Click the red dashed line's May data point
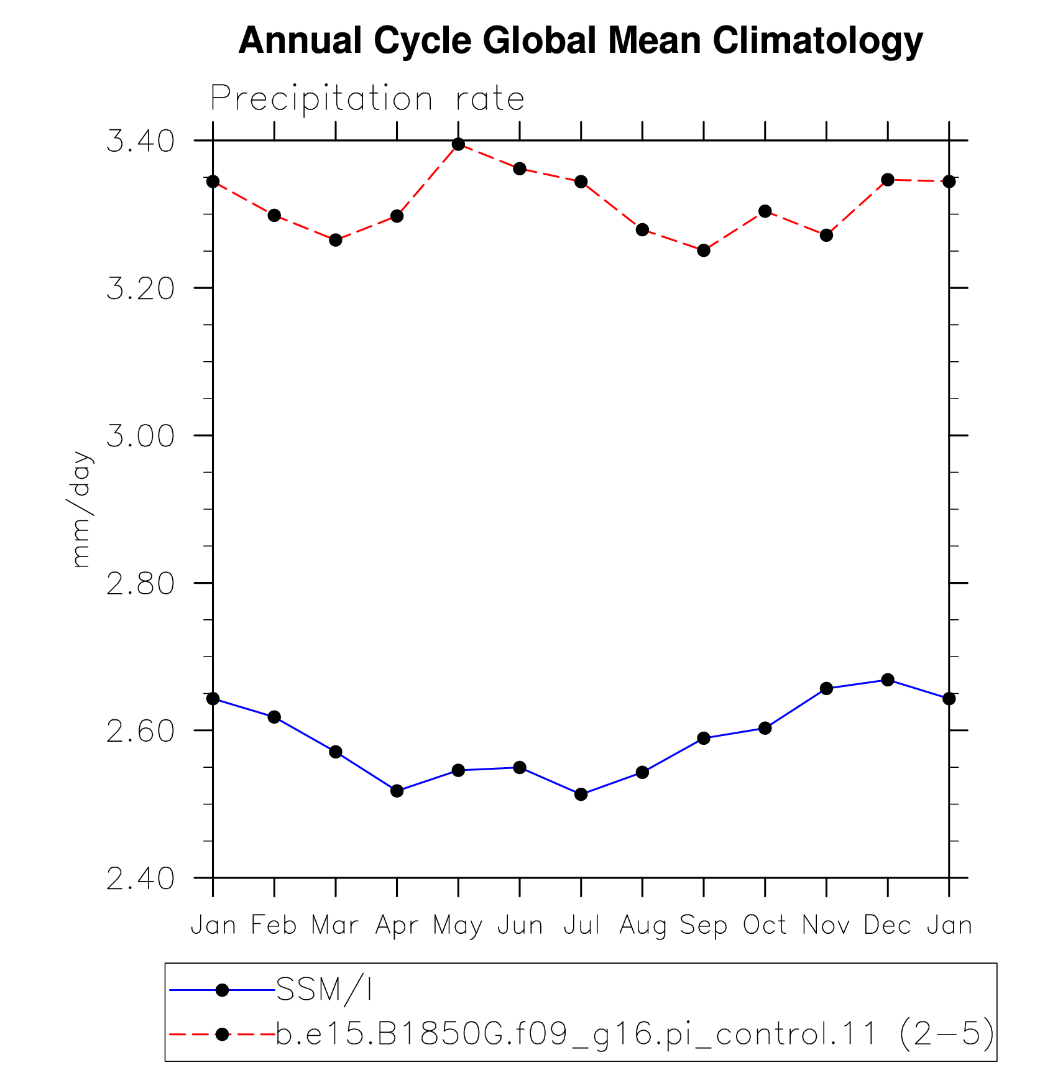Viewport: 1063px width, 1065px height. coord(458,144)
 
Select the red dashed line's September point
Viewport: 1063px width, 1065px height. coord(704,251)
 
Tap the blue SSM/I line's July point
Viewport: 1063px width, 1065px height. coord(581,794)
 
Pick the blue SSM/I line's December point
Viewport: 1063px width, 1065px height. coord(888,680)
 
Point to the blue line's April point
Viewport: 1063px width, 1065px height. coord(397,791)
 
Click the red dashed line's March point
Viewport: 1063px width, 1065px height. coord(336,240)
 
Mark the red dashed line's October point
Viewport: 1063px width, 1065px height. coord(765,211)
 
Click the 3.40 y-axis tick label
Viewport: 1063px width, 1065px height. coord(140,142)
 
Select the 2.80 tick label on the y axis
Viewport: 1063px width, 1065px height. coord(140,584)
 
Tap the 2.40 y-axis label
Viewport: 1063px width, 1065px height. coord(140,878)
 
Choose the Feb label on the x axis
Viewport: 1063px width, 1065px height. coord(274,925)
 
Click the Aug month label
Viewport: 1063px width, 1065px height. coord(642,926)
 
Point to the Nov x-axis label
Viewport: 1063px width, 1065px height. coord(826,925)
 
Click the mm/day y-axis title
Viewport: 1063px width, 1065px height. coord(81,509)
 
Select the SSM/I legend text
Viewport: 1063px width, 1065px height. coord(324,990)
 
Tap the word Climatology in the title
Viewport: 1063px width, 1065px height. coord(817,41)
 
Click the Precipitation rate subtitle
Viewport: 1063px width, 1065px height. coord(367,99)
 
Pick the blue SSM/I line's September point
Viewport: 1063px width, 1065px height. coord(704,738)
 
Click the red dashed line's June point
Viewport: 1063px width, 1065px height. coord(520,168)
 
